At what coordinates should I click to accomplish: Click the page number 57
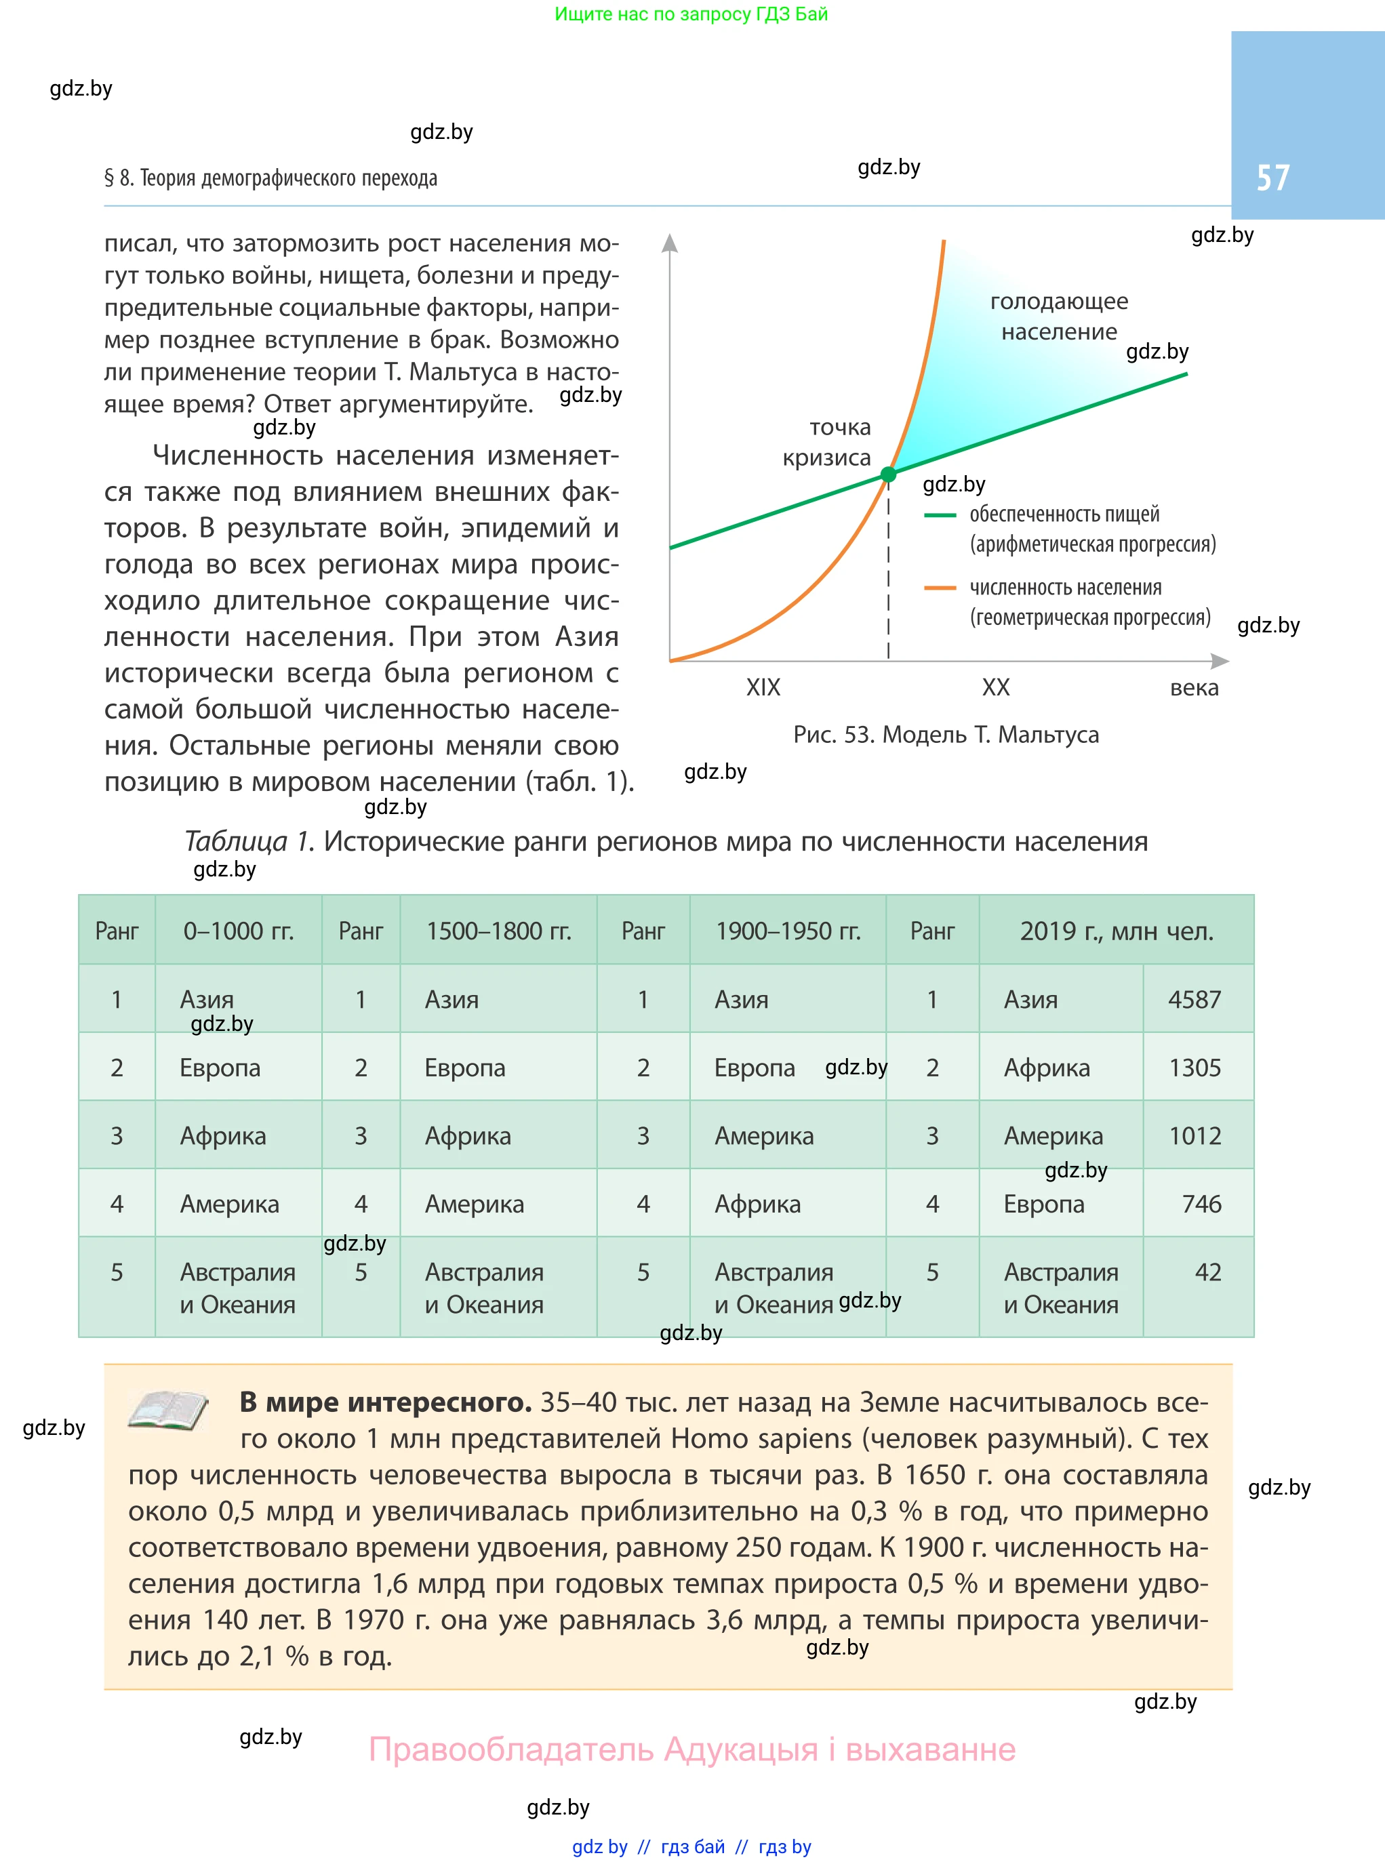pyautogui.click(x=1272, y=178)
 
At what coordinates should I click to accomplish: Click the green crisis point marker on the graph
pyautogui.click(x=888, y=475)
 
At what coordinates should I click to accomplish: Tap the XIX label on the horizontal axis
pyautogui.click(x=763, y=687)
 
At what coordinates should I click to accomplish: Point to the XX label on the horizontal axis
pyautogui.click(x=995, y=687)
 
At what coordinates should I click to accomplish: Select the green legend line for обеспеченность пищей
pyautogui.click(x=940, y=515)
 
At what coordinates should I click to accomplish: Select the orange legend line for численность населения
pyautogui.click(x=940, y=588)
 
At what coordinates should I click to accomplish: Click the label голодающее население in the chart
pyautogui.click(x=1059, y=316)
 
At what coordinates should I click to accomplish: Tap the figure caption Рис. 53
pyautogui.click(x=945, y=735)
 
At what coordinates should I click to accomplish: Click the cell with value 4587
pyautogui.click(x=1195, y=999)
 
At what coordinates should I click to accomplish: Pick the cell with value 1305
pyautogui.click(x=1195, y=1068)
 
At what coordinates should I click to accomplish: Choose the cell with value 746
pyautogui.click(x=1201, y=1204)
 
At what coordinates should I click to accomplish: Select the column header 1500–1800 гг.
pyautogui.click(x=499, y=931)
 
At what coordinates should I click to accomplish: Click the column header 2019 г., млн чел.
pyautogui.click(x=1116, y=931)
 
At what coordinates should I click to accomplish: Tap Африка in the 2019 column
pyautogui.click(x=1046, y=1068)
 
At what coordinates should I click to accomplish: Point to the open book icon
pyautogui.click(x=167, y=1410)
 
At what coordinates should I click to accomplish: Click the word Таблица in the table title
pyautogui.click(x=247, y=841)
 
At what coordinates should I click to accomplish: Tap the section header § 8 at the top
pyautogui.click(x=270, y=178)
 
